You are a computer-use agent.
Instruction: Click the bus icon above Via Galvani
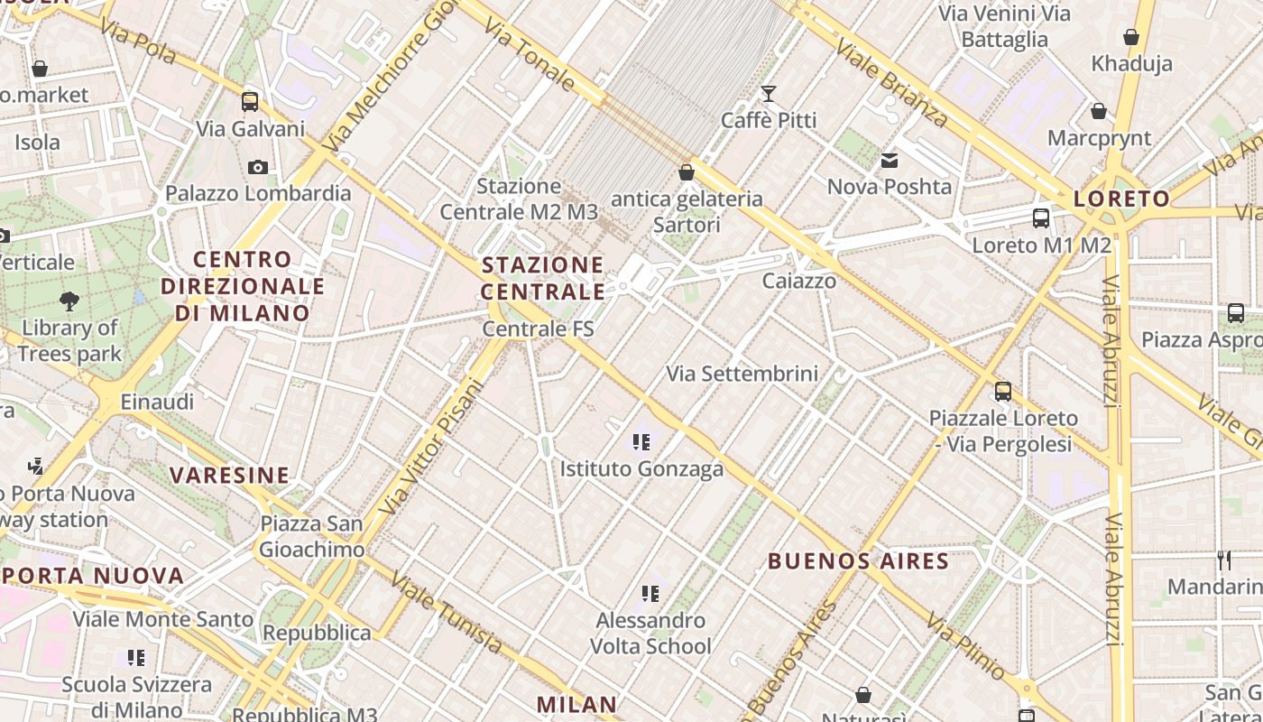250,101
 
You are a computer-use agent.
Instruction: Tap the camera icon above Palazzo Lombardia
258,167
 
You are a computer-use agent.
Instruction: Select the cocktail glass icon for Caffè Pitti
769,94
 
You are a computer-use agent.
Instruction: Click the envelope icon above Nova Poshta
890,161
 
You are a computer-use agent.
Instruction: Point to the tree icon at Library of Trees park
69,301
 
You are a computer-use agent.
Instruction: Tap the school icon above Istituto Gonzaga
641,442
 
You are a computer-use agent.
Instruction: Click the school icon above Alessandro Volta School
650,594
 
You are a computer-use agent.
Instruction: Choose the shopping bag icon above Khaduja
1131,38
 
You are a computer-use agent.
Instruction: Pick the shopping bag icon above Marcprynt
1099,112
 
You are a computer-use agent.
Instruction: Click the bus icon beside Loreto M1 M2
1041,218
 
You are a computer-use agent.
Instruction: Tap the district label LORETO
1122,199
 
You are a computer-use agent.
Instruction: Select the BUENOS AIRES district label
858,561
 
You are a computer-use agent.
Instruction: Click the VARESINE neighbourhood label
230,476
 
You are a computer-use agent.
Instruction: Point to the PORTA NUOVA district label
93,576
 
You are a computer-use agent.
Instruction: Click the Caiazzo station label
799,281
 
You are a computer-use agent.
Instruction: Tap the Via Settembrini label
742,374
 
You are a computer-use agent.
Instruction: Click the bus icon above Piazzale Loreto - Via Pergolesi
1003,392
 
